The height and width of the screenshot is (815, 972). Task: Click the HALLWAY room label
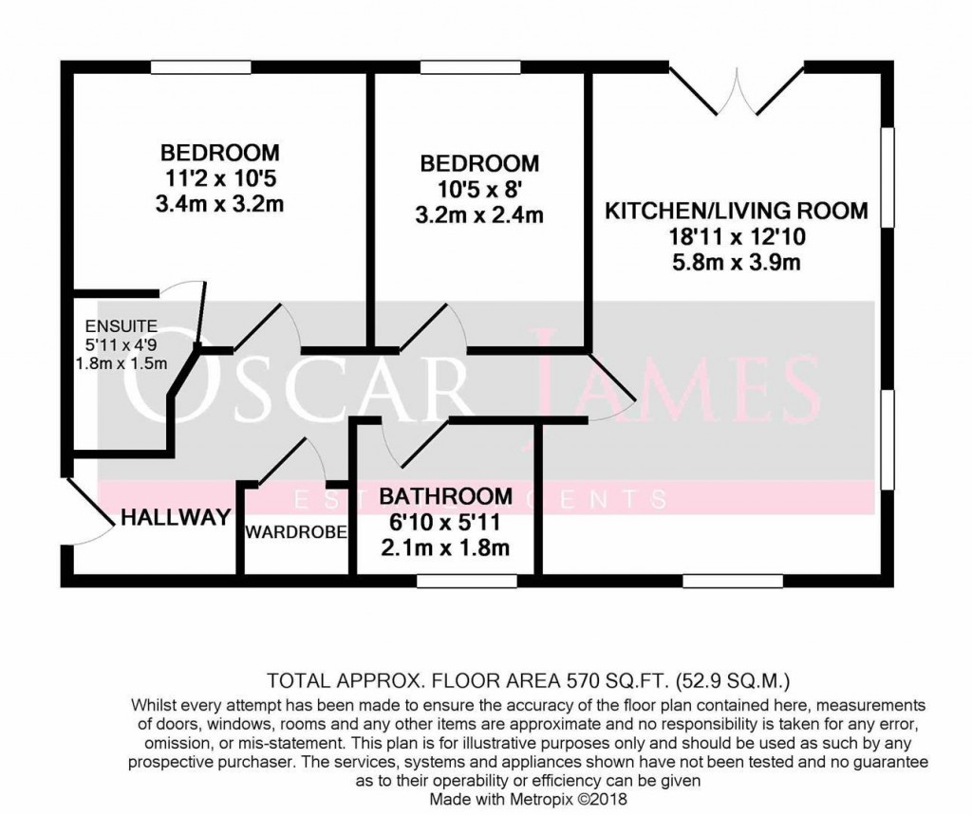(x=177, y=517)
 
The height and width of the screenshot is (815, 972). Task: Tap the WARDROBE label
(x=295, y=531)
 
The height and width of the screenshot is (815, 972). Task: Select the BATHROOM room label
(x=445, y=497)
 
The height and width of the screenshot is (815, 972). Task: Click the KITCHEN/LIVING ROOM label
(x=737, y=211)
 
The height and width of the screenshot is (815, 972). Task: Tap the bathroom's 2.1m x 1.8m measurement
(x=445, y=547)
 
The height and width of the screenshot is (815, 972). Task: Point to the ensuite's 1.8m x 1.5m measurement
(x=120, y=362)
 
